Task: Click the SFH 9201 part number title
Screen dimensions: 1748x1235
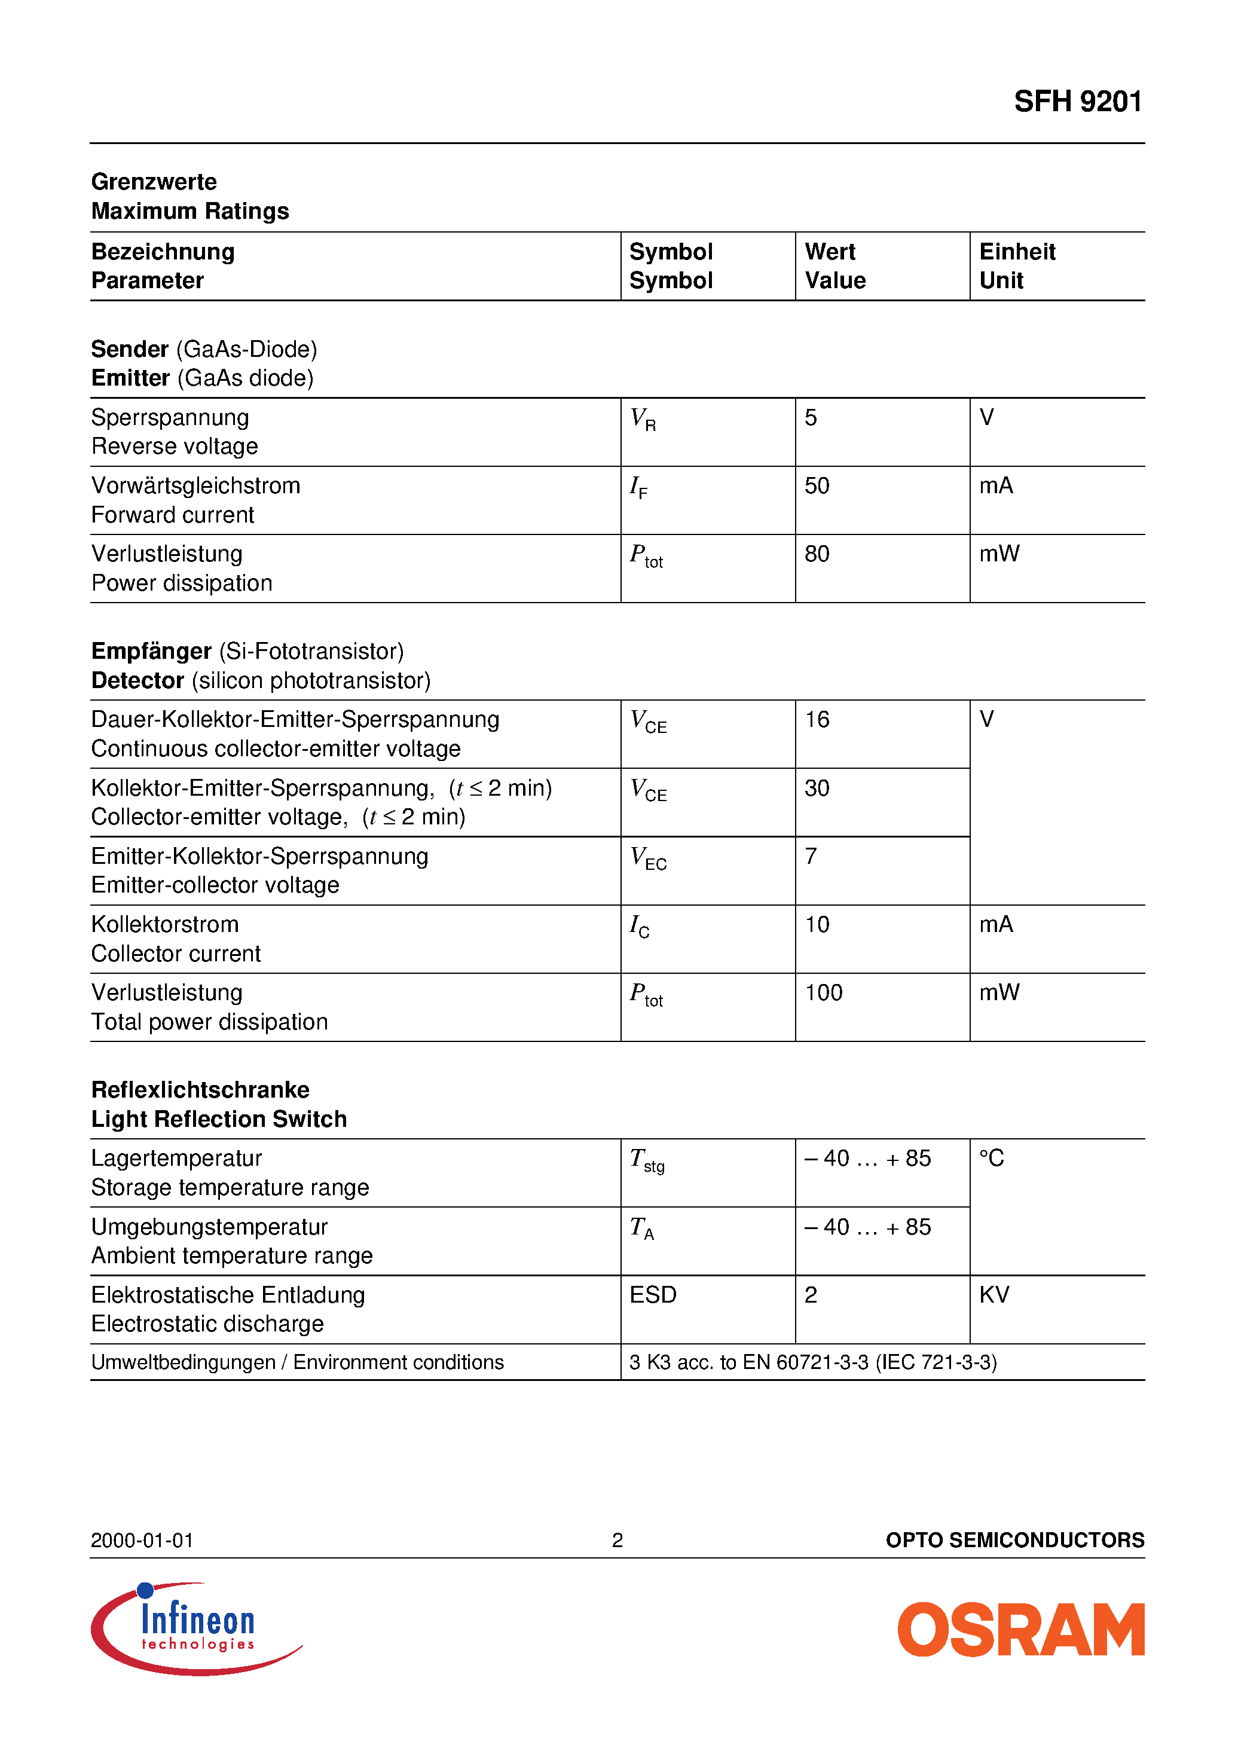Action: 1077,101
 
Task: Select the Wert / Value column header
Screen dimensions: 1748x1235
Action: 834,265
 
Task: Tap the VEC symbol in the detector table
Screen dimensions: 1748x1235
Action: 648,858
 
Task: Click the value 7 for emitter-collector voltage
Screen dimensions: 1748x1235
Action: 811,857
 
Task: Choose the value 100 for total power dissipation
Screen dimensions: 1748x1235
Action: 823,993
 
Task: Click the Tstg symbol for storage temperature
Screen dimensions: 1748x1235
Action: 646,1160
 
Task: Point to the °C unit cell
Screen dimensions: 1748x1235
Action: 991,1159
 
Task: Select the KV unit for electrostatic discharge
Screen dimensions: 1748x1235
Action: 993,1295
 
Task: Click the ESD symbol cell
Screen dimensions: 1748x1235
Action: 653,1295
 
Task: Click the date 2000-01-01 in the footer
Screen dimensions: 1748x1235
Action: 142,1540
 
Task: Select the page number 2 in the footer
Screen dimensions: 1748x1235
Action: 617,1540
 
